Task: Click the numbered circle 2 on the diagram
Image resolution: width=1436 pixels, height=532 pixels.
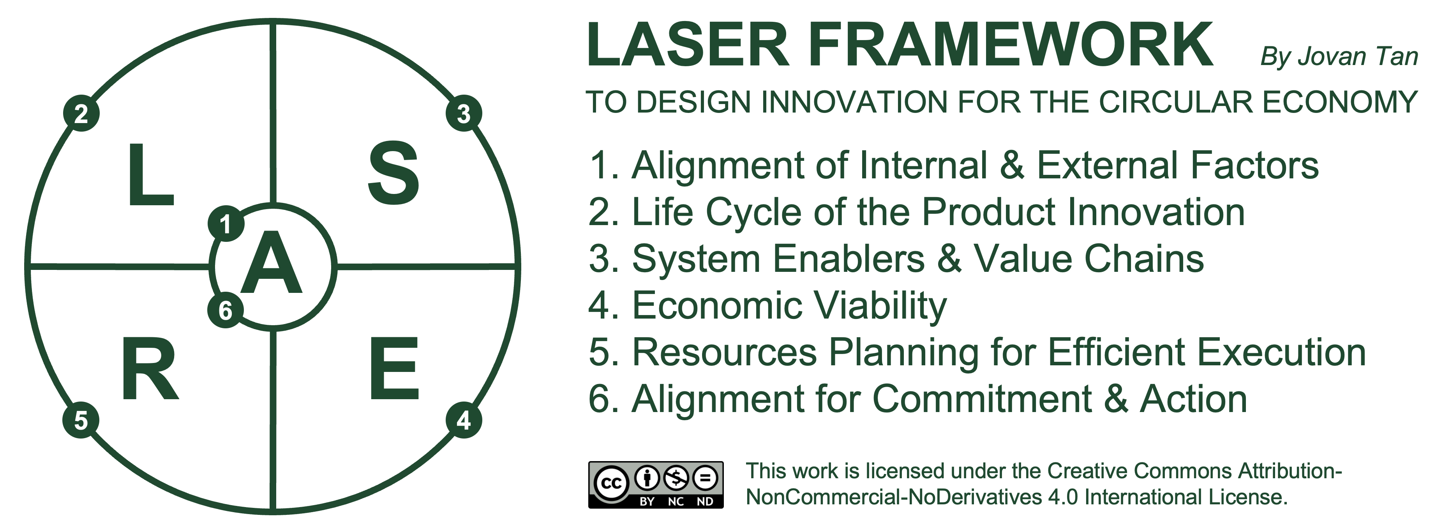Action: point(81,114)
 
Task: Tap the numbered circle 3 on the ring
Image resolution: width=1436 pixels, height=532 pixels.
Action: point(464,114)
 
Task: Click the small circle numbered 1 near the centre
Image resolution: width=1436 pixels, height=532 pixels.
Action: point(226,224)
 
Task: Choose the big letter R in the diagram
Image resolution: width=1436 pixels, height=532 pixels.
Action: point(149,369)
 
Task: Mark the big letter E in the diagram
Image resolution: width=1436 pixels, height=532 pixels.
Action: point(394,368)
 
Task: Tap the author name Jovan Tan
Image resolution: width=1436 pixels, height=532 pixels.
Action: point(1358,56)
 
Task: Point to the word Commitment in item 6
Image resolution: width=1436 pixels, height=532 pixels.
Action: point(982,399)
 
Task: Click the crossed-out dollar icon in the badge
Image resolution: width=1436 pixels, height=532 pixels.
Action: point(677,477)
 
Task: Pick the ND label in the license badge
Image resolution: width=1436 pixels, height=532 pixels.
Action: point(705,501)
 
